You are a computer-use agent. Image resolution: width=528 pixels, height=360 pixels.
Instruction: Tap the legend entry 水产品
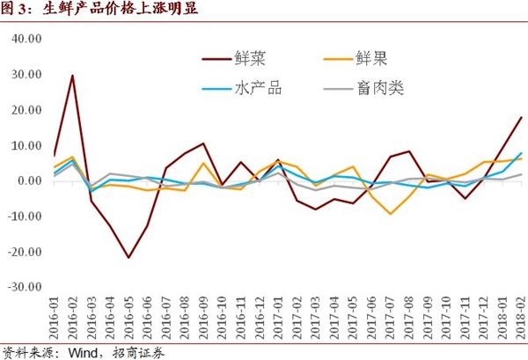pyautogui.click(x=259, y=88)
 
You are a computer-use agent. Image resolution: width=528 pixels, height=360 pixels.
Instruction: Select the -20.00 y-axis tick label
pyautogui.click(x=25, y=251)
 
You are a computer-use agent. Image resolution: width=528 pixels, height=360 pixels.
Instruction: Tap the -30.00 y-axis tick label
pyautogui.click(x=25, y=286)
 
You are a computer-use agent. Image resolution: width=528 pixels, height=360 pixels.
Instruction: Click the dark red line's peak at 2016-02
pyautogui.click(x=72, y=75)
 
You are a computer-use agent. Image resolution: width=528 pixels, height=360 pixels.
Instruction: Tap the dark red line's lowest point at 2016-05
pyautogui.click(x=128, y=258)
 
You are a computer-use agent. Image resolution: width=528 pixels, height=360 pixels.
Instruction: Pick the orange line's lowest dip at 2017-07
pyautogui.click(x=390, y=214)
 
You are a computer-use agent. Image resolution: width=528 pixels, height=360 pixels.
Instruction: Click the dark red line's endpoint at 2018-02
pyautogui.click(x=521, y=117)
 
